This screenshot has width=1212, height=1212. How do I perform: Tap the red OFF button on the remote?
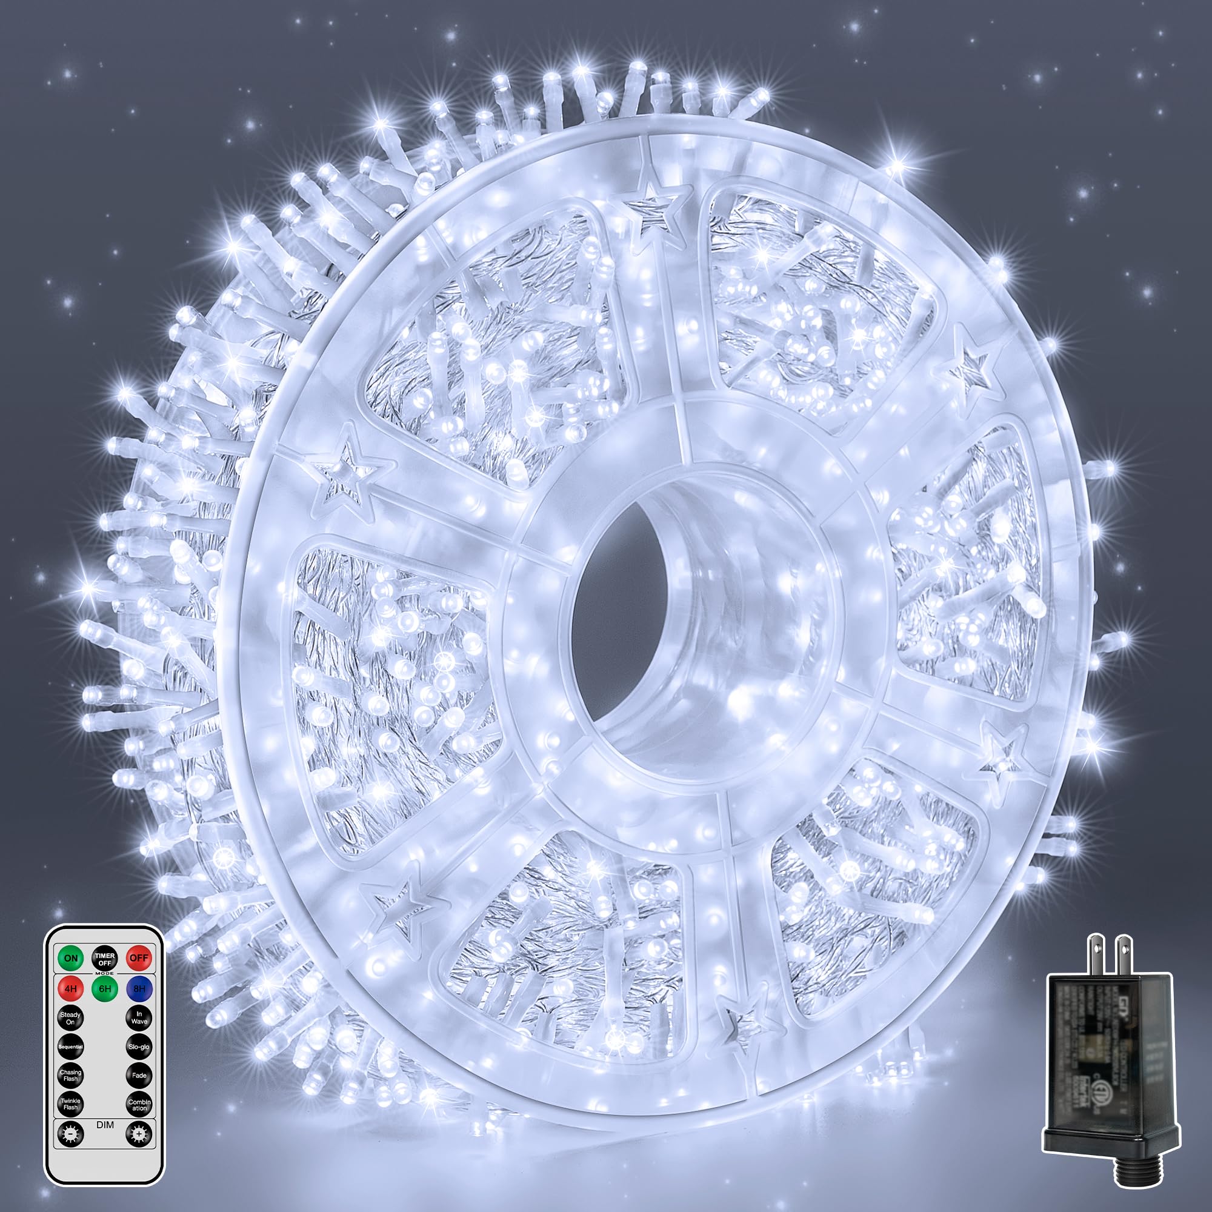pos(138,958)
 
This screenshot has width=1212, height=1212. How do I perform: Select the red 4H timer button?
pos(71,988)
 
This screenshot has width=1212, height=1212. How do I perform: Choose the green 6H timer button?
pos(105,988)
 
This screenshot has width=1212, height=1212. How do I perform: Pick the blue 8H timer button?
pos(138,988)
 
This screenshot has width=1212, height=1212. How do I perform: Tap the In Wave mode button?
pos(139,1017)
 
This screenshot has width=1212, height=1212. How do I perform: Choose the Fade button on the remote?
pos(139,1075)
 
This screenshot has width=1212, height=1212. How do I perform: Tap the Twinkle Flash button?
pos(71,1104)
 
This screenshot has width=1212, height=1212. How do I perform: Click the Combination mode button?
pos(139,1104)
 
